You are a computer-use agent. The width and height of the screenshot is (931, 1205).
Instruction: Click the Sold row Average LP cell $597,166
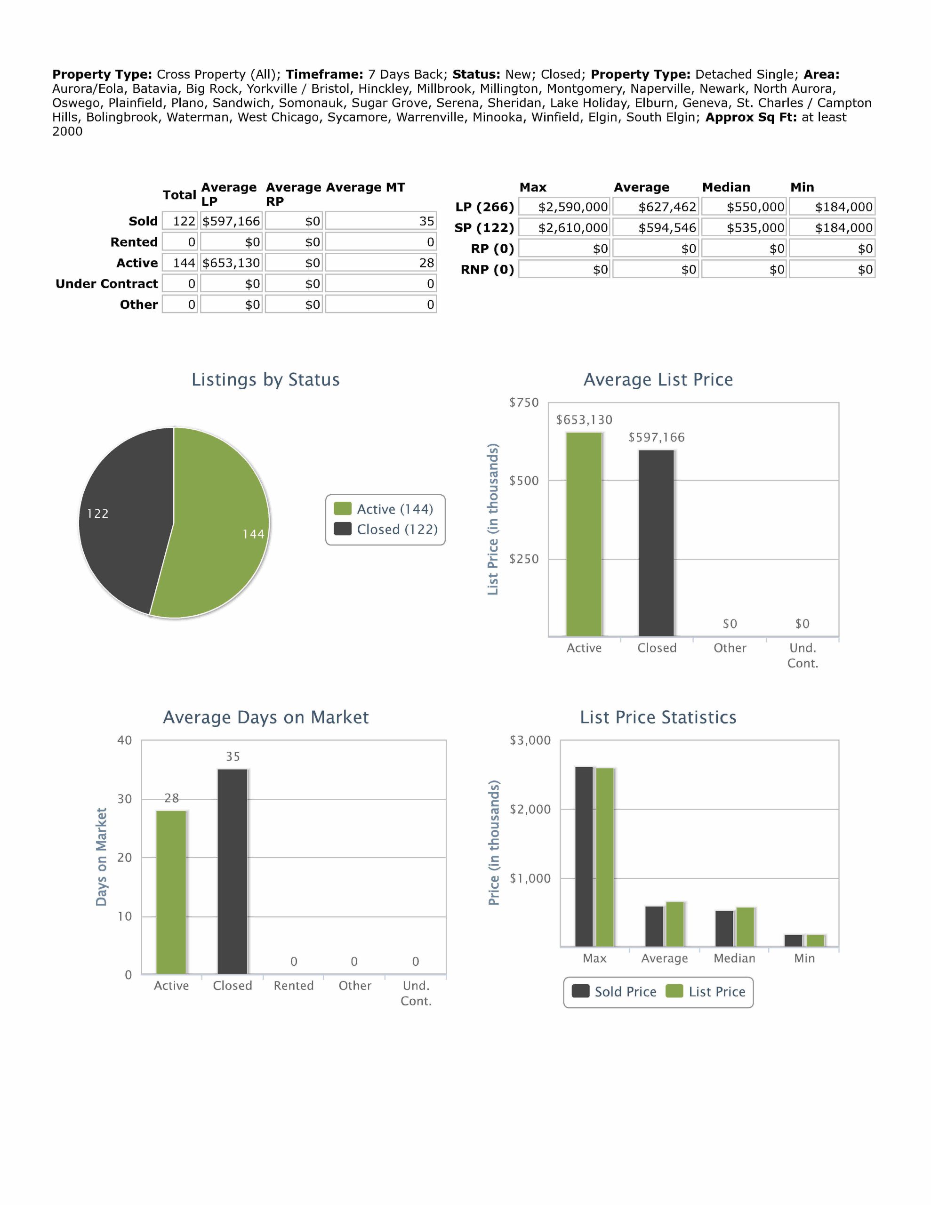click(231, 221)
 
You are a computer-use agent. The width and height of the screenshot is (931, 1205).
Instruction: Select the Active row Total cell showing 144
click(180, 263)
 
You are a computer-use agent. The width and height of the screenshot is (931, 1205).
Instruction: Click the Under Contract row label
click(106, 283)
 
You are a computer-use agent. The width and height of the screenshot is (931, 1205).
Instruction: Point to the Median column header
click(726, 187)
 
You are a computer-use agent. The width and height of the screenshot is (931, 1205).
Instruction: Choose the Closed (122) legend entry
click(386, 529)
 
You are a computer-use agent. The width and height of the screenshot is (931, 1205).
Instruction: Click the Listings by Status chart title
click(265, 379)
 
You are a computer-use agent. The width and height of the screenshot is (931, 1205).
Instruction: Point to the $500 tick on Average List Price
click(524, 481)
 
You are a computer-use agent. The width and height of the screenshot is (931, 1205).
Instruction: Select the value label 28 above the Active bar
click(172, 798)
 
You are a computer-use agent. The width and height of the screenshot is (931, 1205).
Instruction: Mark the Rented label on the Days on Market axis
click(294, 986)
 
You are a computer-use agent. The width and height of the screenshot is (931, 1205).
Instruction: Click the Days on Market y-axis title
click(101, 856)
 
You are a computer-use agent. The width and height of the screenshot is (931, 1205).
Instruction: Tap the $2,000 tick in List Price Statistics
click(530, 810)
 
